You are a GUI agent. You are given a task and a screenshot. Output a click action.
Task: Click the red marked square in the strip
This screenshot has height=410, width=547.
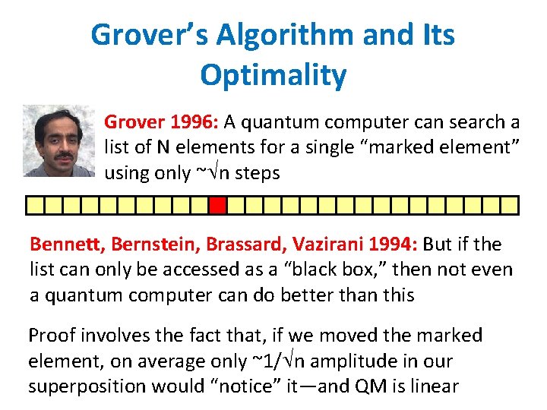(218, 204)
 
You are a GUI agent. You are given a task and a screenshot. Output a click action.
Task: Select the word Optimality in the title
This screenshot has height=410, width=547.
(273, 74)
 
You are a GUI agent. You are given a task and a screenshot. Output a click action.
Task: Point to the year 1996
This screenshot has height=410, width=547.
(189, 122)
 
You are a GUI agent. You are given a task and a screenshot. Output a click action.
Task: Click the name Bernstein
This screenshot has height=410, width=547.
(149, 244)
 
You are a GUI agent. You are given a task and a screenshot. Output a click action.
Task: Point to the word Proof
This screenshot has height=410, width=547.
(52, 336)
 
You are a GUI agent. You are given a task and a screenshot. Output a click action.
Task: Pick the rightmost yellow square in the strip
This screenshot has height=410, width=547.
(510, 204)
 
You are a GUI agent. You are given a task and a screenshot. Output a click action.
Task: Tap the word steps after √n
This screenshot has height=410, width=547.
(258, 173)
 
